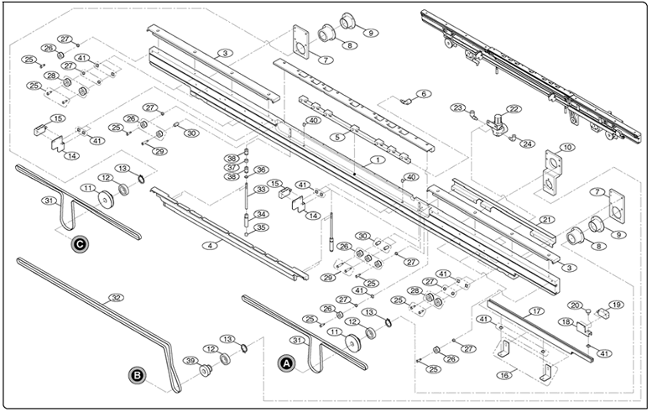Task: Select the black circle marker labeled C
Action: tap(79, 245)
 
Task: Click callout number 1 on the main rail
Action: tap(378, 159)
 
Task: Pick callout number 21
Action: tap(546, 220)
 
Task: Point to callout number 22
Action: tap(514, 109)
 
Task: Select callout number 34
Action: tap(261, 214)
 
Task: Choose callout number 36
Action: tap(261, 169)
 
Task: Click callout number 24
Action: tap(528, 143)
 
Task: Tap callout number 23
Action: tap(457, 107)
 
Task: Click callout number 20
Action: tap(574, 305)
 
